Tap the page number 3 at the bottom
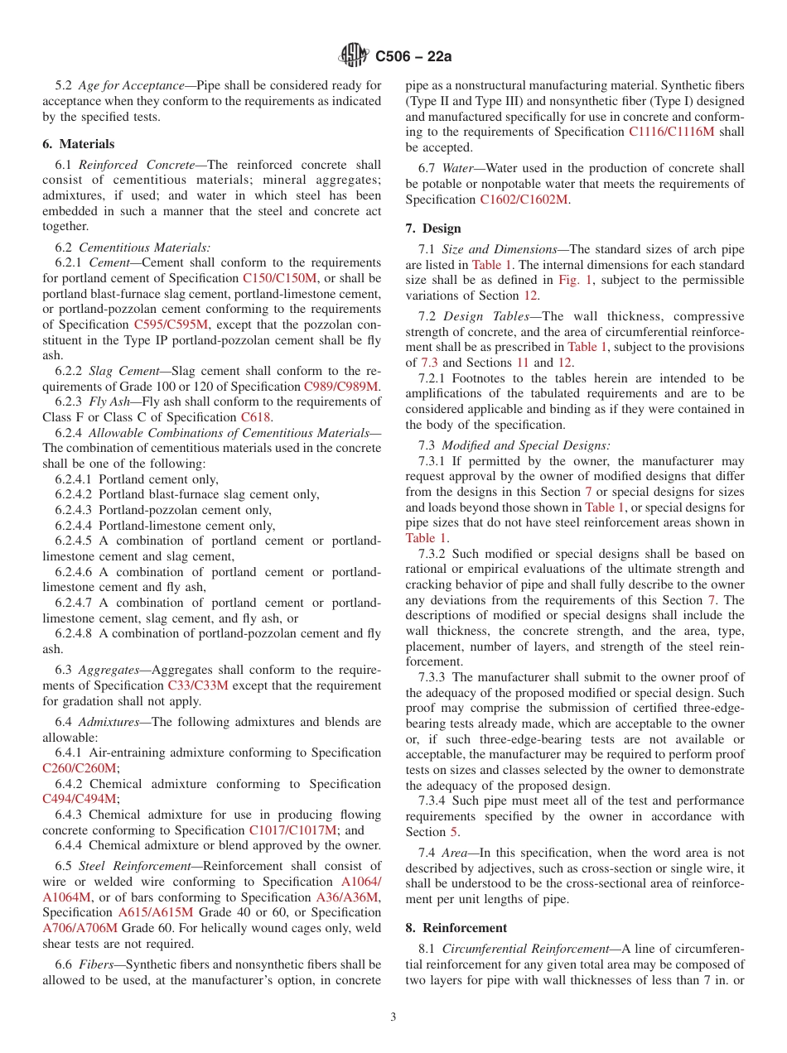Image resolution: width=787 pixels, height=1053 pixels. [x=393, y=1017]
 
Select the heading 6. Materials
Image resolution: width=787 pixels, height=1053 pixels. [x=79, y=144]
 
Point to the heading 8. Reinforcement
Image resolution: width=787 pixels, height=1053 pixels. [x=456, y=928]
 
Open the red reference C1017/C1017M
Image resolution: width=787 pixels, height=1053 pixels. [x=292, y=830]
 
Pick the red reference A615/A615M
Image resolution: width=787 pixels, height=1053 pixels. [x=156, y=912]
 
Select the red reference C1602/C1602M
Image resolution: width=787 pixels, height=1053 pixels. [x=524, y=200]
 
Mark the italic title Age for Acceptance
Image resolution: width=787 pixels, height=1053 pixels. [x=131, y=85]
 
